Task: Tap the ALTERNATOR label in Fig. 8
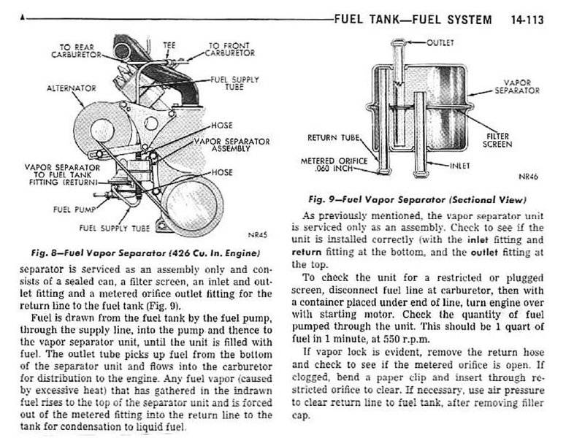(x=71, y=88)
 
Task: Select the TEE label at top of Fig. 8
(x=169, y=45)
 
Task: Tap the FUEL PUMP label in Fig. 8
(x=72, y=209)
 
